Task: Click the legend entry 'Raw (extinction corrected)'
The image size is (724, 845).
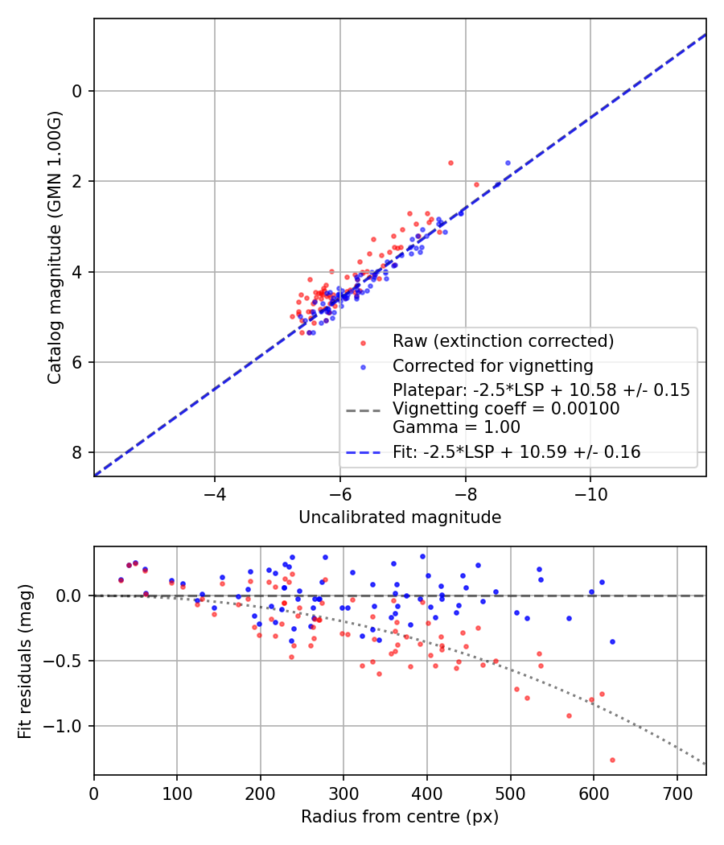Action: (503, 341)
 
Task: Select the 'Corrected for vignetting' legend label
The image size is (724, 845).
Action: (492, 366)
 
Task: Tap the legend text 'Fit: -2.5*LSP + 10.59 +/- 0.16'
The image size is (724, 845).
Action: (516, 452)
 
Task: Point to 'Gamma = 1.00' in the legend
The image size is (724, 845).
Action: (456, 427)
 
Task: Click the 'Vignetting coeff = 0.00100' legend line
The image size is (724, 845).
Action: (506, 409)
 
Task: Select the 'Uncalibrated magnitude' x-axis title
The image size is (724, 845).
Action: (400, 517)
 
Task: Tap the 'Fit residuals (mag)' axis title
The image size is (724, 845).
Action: (25, 660)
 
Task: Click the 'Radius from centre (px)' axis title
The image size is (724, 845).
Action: (400, 817)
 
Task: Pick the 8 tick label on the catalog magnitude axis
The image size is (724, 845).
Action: (77, 452)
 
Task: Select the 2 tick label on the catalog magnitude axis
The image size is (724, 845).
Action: (77, 181)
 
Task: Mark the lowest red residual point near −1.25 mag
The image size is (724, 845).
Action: (612, 760)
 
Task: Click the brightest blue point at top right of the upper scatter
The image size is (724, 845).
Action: (508, 163)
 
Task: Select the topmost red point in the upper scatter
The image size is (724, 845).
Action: (450, 163)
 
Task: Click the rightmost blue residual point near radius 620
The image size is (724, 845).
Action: (612, 641)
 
